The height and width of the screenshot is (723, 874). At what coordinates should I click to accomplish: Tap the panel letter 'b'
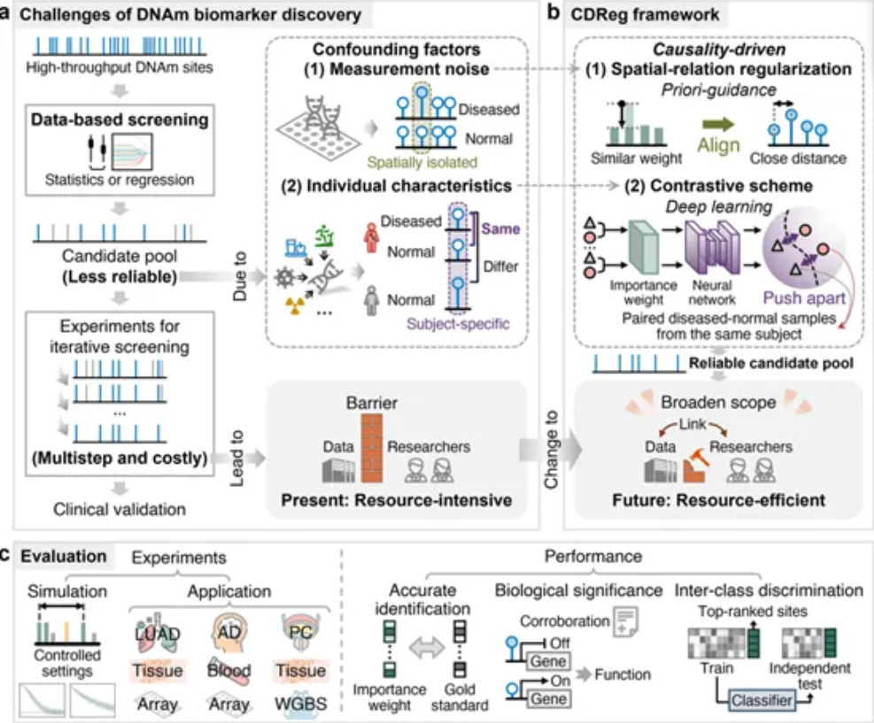click(x=553, y=13)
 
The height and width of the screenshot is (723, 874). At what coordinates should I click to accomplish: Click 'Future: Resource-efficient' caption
click(x=719, y=500)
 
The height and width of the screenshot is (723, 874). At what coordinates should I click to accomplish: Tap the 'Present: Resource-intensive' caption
click(x=396, y=500)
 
